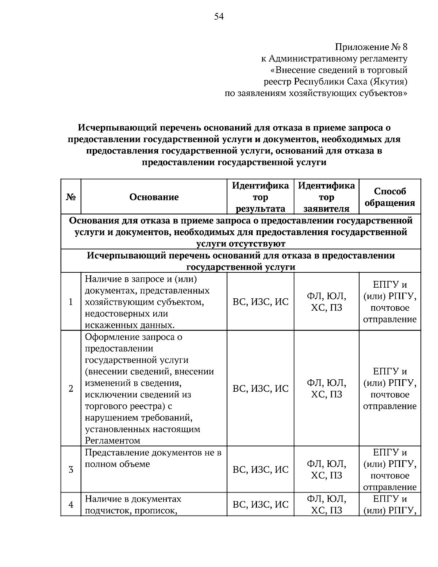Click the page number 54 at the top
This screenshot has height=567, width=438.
click(219, 16)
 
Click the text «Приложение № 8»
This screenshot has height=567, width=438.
click(371, 47)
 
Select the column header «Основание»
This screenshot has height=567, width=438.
click(154, 197)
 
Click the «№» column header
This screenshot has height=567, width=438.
click(71, 197)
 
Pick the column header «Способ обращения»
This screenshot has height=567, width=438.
click(390, 197)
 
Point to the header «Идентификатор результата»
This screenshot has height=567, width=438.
click(260, 197)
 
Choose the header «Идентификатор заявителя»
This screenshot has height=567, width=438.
click(326, 197)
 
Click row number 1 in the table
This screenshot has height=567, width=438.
click(71, 302)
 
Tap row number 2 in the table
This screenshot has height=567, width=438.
click(71, 388)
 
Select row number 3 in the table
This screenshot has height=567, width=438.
click(71, 470)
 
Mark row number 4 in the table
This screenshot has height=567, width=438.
click(71, 505)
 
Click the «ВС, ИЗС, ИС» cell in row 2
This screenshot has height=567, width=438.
click(260, 388)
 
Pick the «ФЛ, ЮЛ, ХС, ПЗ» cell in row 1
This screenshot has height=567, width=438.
click(326, 302)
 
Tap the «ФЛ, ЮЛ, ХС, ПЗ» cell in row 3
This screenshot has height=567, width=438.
click(326, 470)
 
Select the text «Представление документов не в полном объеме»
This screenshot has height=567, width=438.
click(153, 459)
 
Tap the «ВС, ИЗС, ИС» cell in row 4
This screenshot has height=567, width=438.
click(260, 505)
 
